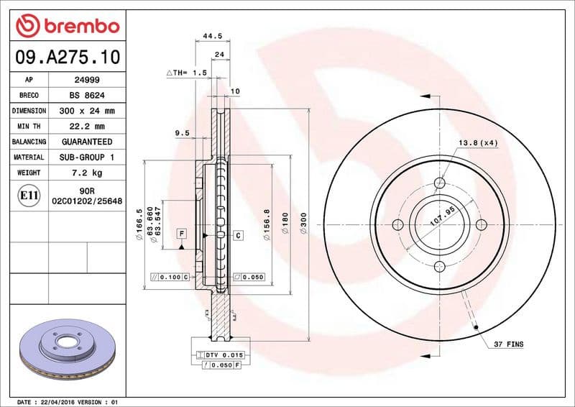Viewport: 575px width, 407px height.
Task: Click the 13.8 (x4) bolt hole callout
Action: (x=478, y=143)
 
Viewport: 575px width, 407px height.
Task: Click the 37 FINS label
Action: (x=508, y=345)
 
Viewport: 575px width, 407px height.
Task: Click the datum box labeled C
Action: (x=238, y=235)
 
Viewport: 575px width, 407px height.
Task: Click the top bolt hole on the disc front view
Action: (x=441, y=183)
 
